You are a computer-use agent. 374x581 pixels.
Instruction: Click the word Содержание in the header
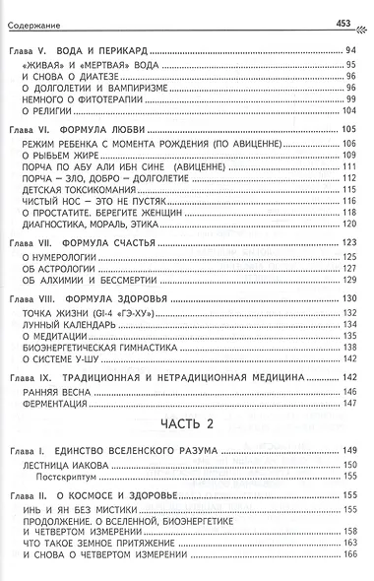tap(36, 11)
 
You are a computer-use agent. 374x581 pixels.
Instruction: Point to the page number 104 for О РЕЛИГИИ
tap(347, 113)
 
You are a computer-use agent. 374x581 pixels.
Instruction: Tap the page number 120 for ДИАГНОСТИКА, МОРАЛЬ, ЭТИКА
tap(347, 224)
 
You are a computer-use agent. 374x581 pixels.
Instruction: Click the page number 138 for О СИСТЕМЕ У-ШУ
tap(347, 360)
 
